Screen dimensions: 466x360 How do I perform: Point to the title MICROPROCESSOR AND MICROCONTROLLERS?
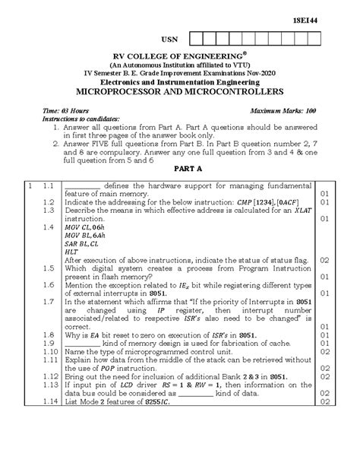[180, 90]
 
